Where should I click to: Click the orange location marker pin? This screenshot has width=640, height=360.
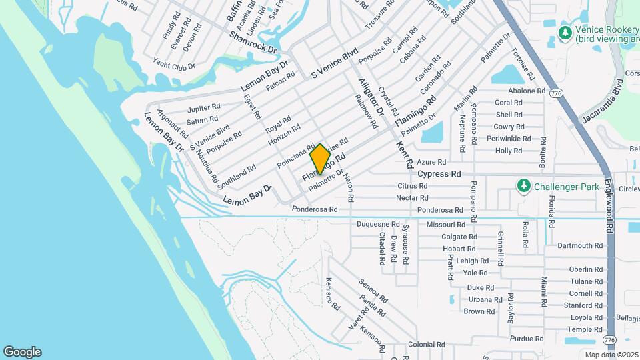click(320, 159)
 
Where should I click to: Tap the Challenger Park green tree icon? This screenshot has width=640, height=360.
click(525, 186)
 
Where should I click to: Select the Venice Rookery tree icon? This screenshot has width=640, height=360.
click(566, 32)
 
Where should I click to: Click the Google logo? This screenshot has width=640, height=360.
click(22, 352)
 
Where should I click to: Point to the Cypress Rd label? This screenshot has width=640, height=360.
click(439, 174)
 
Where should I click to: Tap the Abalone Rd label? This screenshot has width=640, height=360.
click(526, 91)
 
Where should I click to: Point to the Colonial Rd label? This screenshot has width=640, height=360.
click(426, 345)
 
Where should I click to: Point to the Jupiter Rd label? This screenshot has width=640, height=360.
click(204, 108)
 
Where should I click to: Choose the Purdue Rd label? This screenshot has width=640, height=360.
click(522, 339)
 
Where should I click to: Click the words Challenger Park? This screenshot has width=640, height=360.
click(567, 187)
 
